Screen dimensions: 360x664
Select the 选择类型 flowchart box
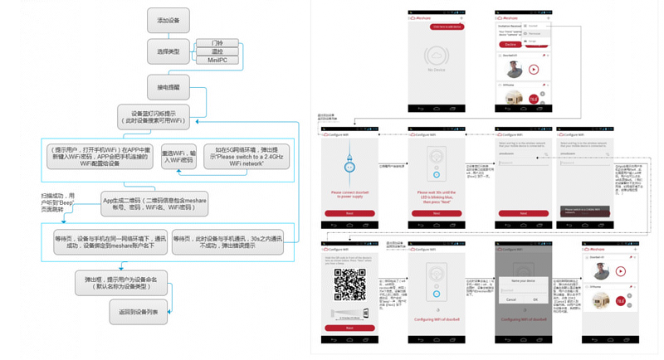click(167, 52)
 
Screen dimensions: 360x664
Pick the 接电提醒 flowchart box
click(167, 86)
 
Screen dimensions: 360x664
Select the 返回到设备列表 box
click(139, 312)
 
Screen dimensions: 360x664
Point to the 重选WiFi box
click(178, 156)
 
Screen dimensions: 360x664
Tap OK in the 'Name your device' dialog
click(535, 299)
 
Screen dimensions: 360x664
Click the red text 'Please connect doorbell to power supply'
click(350, 196)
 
